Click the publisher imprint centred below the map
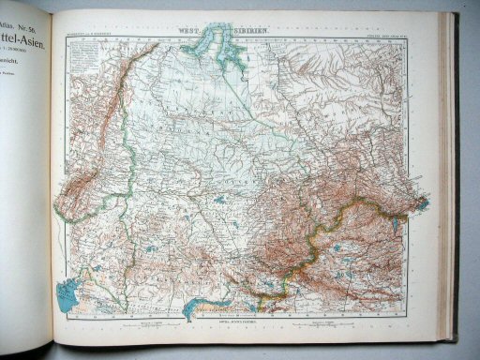(232, 321)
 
